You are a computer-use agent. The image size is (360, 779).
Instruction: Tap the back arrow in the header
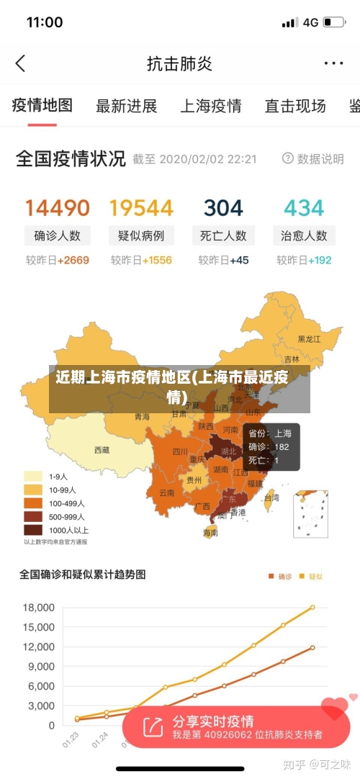pos(20,63)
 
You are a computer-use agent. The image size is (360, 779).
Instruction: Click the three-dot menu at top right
pos(333,63)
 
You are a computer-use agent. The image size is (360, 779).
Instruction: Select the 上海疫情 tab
pos(210,106)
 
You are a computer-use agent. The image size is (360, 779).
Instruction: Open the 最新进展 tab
pos(126,106)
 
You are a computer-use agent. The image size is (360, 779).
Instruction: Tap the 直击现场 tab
pos(295,106)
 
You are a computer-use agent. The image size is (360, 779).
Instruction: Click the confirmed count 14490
pos(58,208)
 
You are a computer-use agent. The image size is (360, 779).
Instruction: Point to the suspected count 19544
pos(141,208)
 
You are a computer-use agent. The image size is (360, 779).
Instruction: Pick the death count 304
pos(223,208)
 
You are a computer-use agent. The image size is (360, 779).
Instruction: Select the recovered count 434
pos(304,208)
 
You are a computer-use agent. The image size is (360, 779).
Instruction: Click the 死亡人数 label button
pos(223,235)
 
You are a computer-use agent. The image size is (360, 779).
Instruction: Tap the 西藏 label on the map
pos(102,450)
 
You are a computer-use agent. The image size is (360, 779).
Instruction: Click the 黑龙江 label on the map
pos(310,338)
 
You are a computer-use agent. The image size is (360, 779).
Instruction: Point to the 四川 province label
pos(180,452)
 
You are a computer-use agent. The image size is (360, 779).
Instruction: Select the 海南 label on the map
pos(210,533)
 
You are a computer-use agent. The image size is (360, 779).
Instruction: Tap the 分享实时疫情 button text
pos(212,721)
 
